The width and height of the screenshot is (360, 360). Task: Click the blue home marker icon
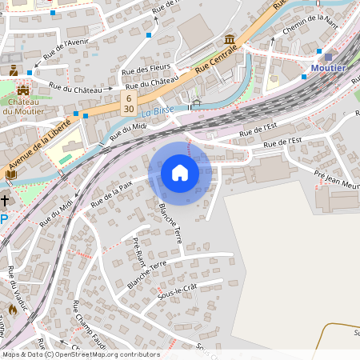180,173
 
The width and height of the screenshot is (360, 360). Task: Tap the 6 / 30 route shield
128,102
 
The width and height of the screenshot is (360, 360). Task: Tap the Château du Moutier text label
22,106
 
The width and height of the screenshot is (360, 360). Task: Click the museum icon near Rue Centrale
230,39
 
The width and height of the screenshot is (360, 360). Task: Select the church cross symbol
6,200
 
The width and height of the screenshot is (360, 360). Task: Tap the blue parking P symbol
4,219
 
